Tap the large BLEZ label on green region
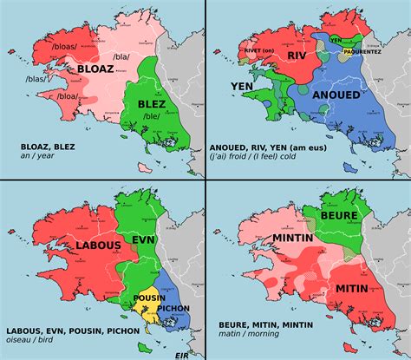coord(153,103)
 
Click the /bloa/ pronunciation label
coord(68,97)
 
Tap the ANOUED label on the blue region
coord(336,95)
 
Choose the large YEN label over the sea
coord(242,86)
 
